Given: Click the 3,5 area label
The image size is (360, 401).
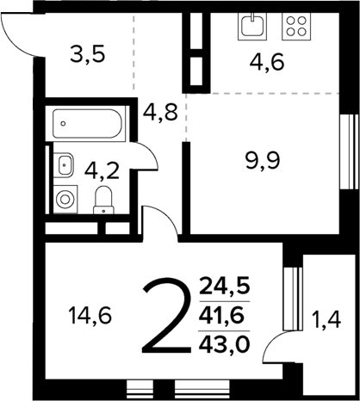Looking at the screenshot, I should (87, 58).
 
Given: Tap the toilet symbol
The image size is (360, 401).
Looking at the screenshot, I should (103, 200).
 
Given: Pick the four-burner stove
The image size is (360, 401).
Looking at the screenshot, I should (295, 26).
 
